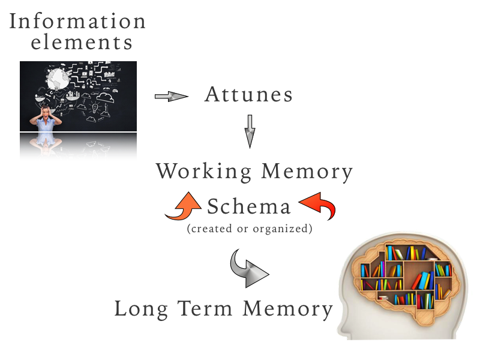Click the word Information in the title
77,21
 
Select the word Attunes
248,95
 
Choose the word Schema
249,208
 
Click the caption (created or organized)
249,229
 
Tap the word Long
142,309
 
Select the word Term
206,309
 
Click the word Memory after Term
287,309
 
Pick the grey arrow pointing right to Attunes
171,96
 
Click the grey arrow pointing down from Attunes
251,131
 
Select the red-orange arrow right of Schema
317,206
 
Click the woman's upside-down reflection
44,146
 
